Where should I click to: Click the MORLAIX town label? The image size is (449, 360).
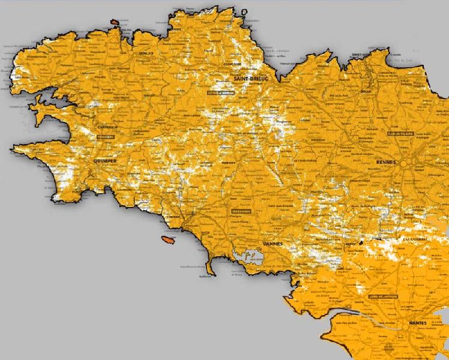coord(147,53)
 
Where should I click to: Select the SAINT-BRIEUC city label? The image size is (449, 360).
coord(252,79)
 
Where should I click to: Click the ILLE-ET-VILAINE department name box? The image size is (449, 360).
coord(402,133)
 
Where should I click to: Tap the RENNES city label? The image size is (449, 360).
coord(388,163)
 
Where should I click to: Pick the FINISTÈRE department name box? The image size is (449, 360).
coord(105,137)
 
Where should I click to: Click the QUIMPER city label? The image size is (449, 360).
coord(105,161)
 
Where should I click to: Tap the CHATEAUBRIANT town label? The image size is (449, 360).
coord(416,239)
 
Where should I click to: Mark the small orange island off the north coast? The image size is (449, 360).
coord(115,23)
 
